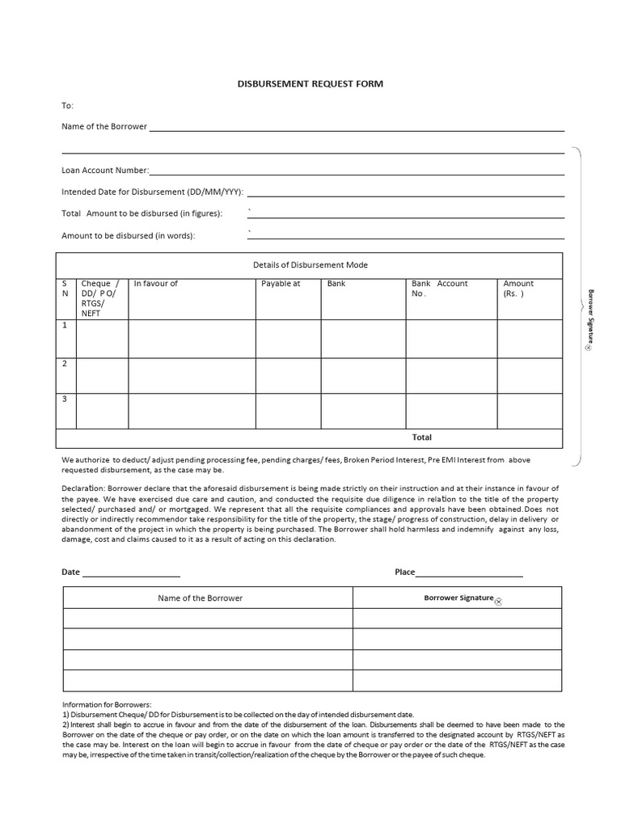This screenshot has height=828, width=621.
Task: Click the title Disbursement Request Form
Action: click(310, 83)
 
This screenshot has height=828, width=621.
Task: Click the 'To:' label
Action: click(68, 105)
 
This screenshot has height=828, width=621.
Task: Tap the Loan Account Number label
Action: click(105, 171)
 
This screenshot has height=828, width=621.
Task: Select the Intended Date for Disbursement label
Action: click(153, 192)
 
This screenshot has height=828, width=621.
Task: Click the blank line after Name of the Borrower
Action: click(356, 128)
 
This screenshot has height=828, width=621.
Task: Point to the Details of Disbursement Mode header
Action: click(310, 265)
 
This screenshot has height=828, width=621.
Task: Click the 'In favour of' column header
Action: click(156, 284)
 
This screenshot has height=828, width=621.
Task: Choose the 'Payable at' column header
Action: click(281, 284)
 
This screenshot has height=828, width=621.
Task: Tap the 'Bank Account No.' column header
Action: click(439, 289)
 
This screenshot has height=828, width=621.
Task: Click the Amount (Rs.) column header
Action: click(518, 289)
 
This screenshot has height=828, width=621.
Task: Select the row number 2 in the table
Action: click(65, 363)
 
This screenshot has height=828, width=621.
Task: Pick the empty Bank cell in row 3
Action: click(363, 411)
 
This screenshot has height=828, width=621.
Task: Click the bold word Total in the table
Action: click(422, 437)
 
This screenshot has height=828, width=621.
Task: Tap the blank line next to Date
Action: click(131, 574)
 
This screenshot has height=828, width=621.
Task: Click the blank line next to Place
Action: click(469, 574)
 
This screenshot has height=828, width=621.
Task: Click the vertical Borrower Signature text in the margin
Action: click(590, 317)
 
